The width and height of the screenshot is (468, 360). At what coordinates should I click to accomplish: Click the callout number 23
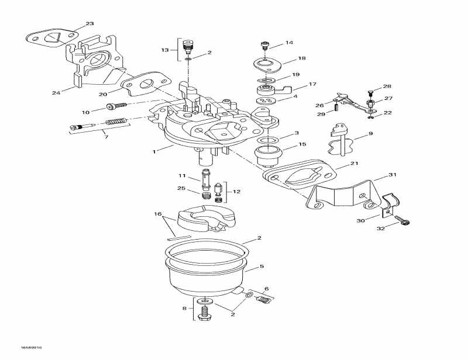click(x=89, y=24)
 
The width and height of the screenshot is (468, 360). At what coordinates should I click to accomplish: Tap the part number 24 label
click(x=56, y=92)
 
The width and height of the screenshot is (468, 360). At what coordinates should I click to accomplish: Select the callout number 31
click(x=392, y=175)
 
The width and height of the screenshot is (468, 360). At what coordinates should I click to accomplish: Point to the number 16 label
click(x=157, y=214)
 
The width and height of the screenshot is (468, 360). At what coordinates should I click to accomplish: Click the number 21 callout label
click(x=354, y=164)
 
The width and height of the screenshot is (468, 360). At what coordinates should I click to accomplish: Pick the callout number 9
click(x=370, y=135)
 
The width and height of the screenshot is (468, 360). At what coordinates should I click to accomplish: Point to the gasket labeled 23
click(x=53, y=39)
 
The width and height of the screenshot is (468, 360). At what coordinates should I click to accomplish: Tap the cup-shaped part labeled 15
click(x=268, y=158)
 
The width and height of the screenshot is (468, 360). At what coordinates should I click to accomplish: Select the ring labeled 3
click(x=267, y=142)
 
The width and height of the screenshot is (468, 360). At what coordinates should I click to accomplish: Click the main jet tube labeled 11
click(x=205, y=178)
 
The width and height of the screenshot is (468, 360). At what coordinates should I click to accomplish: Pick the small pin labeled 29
click(x=338, y=107)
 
